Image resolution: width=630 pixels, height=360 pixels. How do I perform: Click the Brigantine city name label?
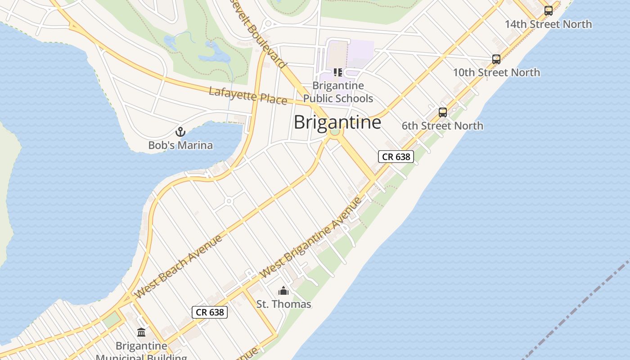coord(337,122)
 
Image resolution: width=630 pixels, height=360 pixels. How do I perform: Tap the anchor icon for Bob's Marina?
coord(180,132)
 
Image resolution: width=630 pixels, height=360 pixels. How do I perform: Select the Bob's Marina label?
coord(180,145)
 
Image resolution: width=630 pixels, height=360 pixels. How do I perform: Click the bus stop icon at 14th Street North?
coord(548,11)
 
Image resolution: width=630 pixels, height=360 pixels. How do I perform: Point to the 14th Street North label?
coord(548,24)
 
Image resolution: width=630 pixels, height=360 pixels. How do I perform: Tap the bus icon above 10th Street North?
coord(496,59)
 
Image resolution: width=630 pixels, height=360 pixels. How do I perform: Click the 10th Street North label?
coord(496,72)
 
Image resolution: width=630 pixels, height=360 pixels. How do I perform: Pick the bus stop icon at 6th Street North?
coord(443,112)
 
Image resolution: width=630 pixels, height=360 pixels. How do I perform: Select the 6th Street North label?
coord(442,126)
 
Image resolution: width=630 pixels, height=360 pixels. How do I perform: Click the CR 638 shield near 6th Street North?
coord(396,157)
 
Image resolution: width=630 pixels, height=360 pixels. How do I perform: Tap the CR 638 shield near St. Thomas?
coord(210,312)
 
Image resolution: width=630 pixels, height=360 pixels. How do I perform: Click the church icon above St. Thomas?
coord(283,291)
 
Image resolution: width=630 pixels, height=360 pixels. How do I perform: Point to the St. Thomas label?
coord(283,304)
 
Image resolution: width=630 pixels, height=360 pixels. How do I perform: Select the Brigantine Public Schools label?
coord(338,92)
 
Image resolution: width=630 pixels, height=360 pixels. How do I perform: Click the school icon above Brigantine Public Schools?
coord(338,72)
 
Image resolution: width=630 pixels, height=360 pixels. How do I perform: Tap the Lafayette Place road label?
coord(248,96)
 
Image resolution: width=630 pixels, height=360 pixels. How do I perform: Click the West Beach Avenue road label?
coord(179,266)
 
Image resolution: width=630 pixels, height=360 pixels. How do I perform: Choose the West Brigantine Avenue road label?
coord(310,237)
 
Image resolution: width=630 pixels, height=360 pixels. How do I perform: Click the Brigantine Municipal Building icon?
coord(141,333)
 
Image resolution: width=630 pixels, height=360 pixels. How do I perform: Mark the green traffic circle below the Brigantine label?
coord(334,132)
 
